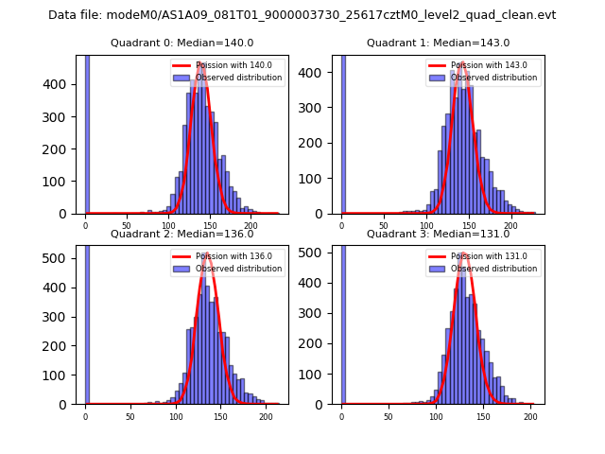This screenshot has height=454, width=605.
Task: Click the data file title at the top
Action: point(302,15)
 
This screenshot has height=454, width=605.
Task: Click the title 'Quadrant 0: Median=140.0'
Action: point(181,43)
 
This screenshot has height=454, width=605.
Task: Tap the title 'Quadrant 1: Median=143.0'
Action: point(438,43)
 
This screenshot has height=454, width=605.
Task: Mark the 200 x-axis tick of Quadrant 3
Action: point(530,416)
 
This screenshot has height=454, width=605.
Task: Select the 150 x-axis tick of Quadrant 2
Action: point(220,416)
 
